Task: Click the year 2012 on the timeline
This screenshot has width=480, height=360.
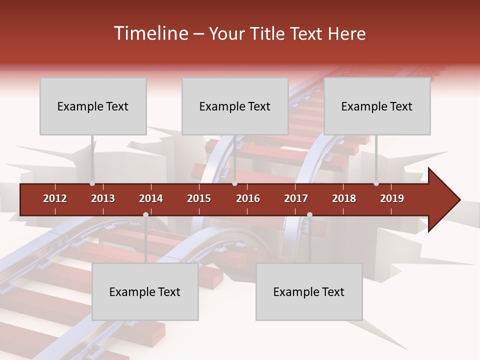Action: click(x=55, y=198)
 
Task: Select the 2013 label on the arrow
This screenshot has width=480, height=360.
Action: click(x=103, y=198)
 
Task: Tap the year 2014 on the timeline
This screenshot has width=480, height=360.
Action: click(x=151, y=198)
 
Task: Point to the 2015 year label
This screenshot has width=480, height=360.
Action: click(x=199, y=198)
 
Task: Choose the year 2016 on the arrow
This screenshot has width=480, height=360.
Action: click(x=248, y=198)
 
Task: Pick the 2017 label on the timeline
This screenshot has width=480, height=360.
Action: click(x=296, y=198)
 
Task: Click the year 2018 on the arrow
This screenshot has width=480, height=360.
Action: click(x=344, y=198)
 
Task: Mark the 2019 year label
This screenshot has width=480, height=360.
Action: click(x=392, y=198)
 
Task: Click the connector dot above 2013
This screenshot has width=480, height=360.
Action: click(x=92, y=183)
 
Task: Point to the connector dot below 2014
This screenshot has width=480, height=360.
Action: click(x=145, y=214)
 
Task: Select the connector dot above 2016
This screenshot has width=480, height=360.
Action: click(x=234, y=183)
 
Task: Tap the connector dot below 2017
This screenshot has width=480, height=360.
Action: click(x=309, y=214)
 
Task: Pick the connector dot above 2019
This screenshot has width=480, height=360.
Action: click(x=376, y=183)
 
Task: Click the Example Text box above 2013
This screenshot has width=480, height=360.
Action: click(x=93, y=106)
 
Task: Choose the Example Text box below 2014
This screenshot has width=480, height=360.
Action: click(x=145, y=291)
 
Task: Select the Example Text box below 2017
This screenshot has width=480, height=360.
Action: click(x=309, y=291)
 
